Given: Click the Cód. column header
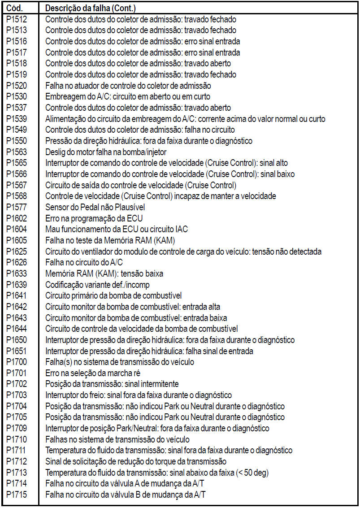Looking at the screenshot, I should pyautogui.click(x=17, y=8).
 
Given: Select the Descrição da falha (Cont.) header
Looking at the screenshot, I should pyautogui.click(x=91, y=8).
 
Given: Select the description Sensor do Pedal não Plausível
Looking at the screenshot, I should pyautogui.click(x=95, y=207).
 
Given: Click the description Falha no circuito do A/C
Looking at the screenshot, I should pyautogui.click(x=84, y=263).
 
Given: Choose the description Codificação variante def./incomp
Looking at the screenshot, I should pyautogui.click(x=98, y=285).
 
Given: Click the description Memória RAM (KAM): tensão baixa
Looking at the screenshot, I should pyautogui.click(x=104, y=274).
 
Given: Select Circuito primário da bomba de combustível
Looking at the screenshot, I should pyautogui.click(x=113, y=295).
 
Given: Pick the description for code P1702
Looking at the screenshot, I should pyautogui.click(x=112, y=384).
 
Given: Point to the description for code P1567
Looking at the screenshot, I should pyautogui.click(x=141, y=185).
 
